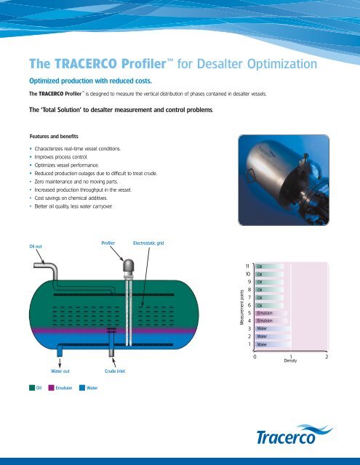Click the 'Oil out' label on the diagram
click(x=15, y=246)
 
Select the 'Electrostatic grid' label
click(x=149, y=236)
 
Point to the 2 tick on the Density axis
click(x=327, y=357)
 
